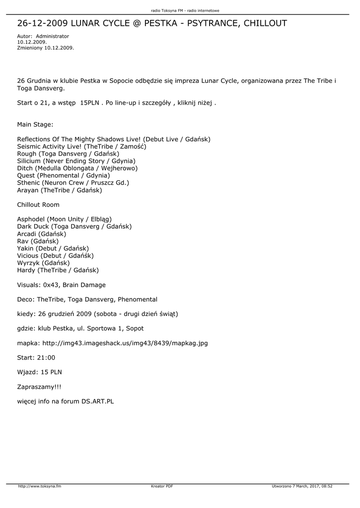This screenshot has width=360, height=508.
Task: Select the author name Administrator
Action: (x=53, y=36)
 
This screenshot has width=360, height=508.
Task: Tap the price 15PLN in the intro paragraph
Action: (x=89, y=102)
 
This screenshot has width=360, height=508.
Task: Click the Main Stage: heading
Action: (x=35, y=125)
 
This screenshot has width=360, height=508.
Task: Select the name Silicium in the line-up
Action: (x=29, y=161)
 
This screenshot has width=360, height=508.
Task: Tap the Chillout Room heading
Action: (x=38, y=204)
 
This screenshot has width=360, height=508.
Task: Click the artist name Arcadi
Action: (x=26, y=234)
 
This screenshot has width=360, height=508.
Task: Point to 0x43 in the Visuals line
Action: (x=51, y=285)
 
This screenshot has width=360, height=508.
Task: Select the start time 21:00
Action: (x=46, y=357)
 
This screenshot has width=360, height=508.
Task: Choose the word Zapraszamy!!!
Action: (x=39, y=386)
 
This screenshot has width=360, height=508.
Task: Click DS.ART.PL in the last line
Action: (x=98, y=401)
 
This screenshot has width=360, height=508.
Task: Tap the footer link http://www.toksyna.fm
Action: (x=40, y=486)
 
